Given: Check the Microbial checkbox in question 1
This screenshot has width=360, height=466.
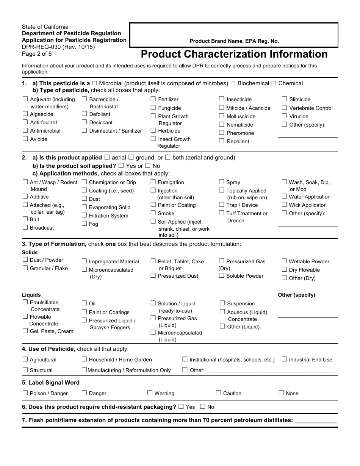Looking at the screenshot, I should point(94,83).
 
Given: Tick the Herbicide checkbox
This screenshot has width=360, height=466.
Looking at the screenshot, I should point(153,130).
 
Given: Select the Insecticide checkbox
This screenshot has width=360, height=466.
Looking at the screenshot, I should point(222,99).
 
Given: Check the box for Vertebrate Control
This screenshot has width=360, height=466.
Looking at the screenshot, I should point(285,108).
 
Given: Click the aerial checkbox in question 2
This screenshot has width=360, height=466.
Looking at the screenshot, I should point(107,157).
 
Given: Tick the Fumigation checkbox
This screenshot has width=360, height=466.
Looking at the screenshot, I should point(153,182).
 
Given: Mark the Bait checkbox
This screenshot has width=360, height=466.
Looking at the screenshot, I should point(25,219).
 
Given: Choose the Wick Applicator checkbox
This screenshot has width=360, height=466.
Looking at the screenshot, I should point(285,205).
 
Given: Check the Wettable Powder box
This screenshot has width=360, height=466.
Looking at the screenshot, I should point(285,261).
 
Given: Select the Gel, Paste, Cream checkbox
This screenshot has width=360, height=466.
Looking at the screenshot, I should point(25,331).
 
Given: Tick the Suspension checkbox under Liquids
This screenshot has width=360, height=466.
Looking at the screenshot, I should point(222,303).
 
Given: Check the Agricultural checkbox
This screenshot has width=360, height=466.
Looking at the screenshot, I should point(25,359).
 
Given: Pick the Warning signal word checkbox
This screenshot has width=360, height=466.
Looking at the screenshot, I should point(150,393).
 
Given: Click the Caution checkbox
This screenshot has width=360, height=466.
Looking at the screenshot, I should point(219,393).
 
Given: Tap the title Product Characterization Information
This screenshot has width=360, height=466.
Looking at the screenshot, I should point(234,54).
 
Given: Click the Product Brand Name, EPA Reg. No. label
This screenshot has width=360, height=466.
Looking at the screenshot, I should point(234,41).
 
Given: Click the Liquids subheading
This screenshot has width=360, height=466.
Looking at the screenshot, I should point(31,295).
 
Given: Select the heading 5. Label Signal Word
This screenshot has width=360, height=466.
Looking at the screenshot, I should point(51,383).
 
